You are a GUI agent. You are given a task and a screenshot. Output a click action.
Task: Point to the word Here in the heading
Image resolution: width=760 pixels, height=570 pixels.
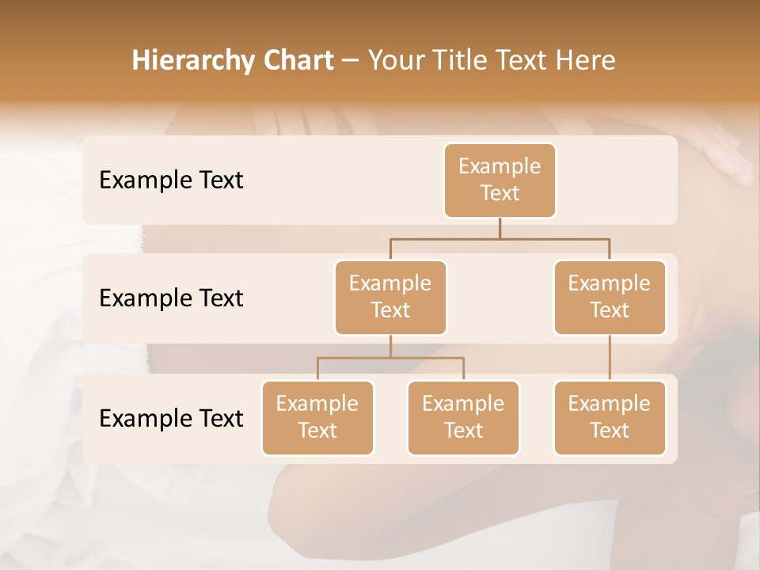coord(587,60)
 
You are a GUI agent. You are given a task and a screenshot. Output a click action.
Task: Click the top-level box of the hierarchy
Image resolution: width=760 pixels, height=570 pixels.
coord(500,180)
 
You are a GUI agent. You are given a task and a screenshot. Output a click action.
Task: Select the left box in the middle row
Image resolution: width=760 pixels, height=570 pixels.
coord(390,297)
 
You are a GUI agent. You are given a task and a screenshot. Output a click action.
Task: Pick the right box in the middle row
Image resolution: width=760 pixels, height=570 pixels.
coord(610,297)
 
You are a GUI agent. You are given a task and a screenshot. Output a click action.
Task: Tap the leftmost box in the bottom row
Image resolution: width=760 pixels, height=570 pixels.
coord(317,417)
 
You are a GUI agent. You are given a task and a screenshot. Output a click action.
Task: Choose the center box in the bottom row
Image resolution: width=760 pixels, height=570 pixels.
coord(463,417)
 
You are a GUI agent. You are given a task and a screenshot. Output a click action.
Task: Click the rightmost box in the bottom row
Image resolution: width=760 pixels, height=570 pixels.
coord(610,417)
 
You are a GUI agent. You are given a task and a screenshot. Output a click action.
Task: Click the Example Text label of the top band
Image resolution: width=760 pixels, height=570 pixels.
coord(171,180)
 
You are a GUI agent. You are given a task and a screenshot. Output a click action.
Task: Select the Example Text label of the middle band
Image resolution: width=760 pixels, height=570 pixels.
coord(171,298)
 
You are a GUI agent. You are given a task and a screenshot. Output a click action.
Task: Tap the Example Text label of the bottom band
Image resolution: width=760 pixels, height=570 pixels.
coord(171,418)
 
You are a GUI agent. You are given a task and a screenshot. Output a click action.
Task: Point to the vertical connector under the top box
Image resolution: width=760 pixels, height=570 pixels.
coord(500,228)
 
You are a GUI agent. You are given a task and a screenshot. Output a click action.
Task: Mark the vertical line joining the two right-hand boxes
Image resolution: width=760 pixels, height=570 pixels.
coord(610,358)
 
